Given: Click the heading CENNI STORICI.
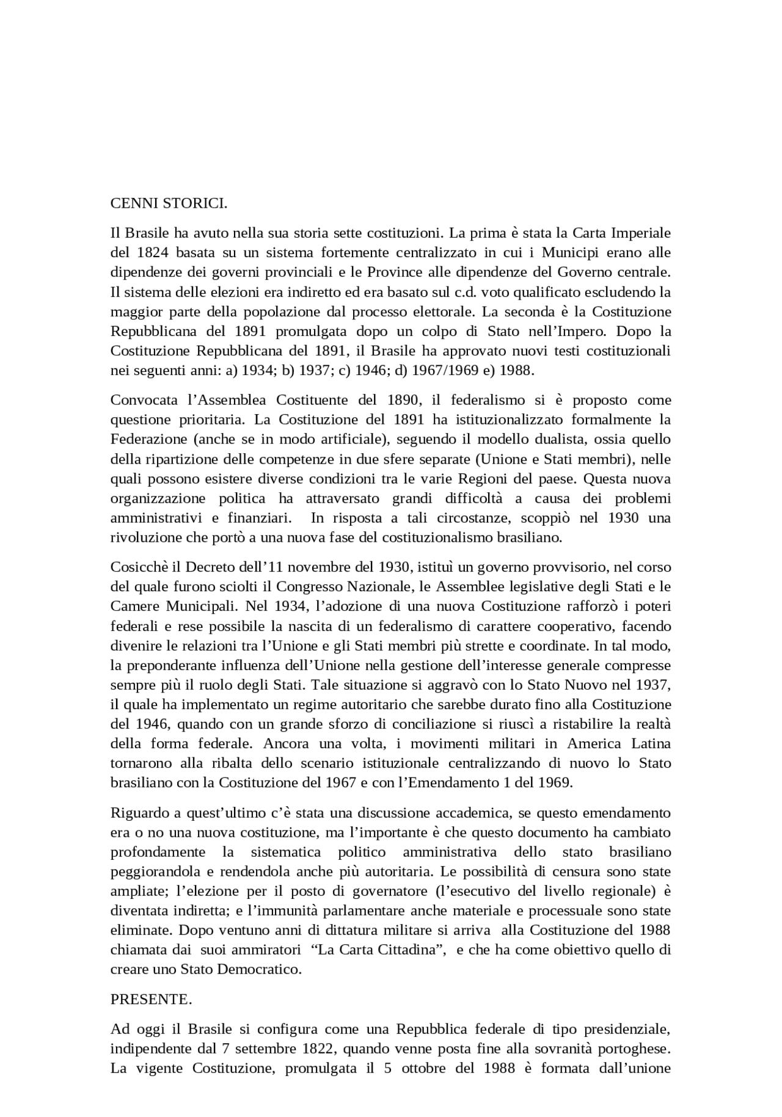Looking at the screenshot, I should (169, 203).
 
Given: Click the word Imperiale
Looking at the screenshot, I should (641, 233).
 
